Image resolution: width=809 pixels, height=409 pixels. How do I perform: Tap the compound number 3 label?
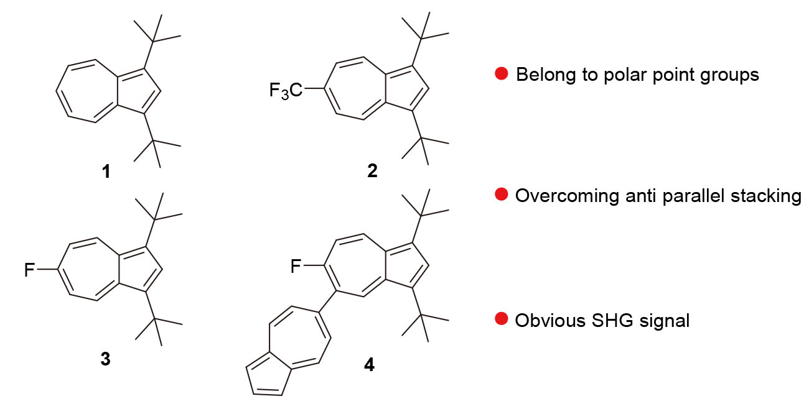coord(106,359)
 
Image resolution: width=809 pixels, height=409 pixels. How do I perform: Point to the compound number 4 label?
coord(369,364)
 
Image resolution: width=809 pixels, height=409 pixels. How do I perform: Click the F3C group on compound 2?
coord(286,91)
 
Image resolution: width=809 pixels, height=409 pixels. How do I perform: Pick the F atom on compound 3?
coord(29,270)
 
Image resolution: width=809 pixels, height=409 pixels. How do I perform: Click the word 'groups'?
coord(729,75)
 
